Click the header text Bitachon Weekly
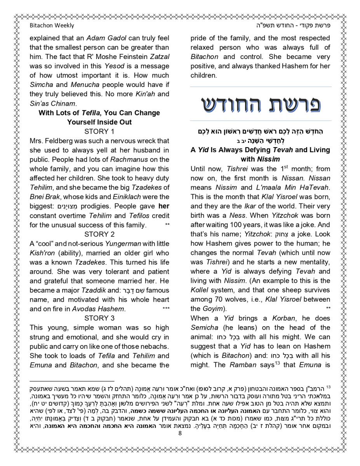52,26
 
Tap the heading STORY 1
99,131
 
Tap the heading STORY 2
99,234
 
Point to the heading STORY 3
99,318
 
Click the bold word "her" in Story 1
164,206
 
